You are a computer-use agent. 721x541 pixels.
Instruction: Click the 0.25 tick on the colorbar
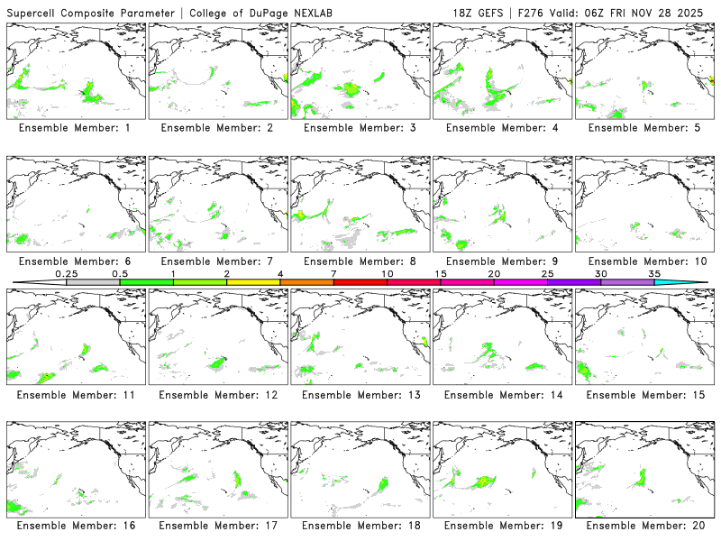click(67, 281)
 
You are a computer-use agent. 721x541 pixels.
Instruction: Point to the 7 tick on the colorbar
click(334, 281)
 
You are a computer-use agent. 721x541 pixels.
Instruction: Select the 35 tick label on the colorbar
click(654, 273)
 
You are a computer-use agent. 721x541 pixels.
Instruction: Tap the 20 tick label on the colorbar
click(494, 273)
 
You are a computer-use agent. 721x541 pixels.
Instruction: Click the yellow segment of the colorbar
click(253, 282)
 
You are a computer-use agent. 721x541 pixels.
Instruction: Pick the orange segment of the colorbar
click(307, 282)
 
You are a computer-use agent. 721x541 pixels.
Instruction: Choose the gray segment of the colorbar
click(93, 282)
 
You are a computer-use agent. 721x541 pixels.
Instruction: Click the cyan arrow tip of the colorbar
click(694, 282)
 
